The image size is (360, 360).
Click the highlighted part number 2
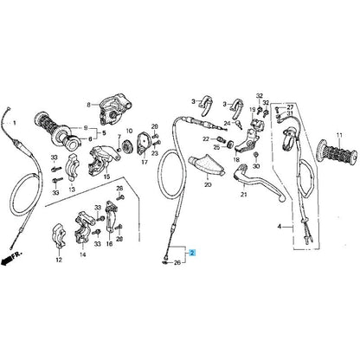(x=192, y=253)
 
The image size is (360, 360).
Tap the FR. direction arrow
(x=11, y=258)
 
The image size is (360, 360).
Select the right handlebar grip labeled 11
(x=336, y=152)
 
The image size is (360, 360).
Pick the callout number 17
(x=145, y=162)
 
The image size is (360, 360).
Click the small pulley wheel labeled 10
(x=126, y=146)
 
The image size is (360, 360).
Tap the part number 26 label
(x=177, y=263)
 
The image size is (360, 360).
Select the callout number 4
(x=280, y=227)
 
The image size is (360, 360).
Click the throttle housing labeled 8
(x=113, y=111)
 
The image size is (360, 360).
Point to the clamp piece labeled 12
(x=58, y=236)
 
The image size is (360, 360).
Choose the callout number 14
(x=83, y=254)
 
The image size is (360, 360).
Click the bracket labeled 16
(x=112, y=216)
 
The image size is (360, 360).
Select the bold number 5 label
(x=103, y=133)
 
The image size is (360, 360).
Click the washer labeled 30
(x=255, y=156)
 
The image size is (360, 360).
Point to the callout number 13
(x=72, y=190)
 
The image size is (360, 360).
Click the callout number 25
(x=217, y=147)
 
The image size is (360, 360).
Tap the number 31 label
(x=290, y=112)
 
